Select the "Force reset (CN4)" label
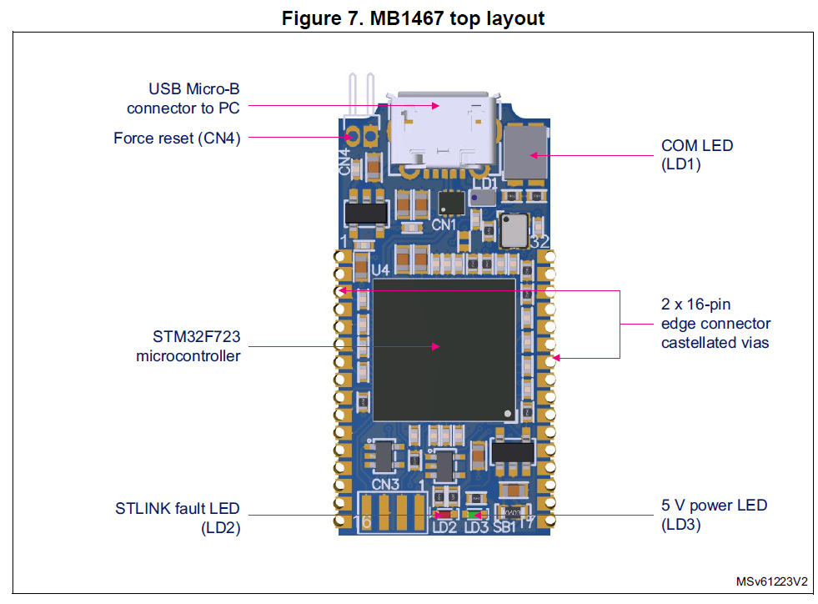click(x=177, y=138)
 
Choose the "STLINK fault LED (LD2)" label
click(x=177, y=517)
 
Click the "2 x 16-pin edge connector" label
click(x=715, y=323)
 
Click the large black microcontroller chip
click(x=444, y=349)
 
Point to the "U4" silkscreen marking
click(x=380, y=270)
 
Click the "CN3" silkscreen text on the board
click(x=385, y=484)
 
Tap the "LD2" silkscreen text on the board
click(x=444, y=527)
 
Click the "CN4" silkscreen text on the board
click(x=344, y=161)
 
